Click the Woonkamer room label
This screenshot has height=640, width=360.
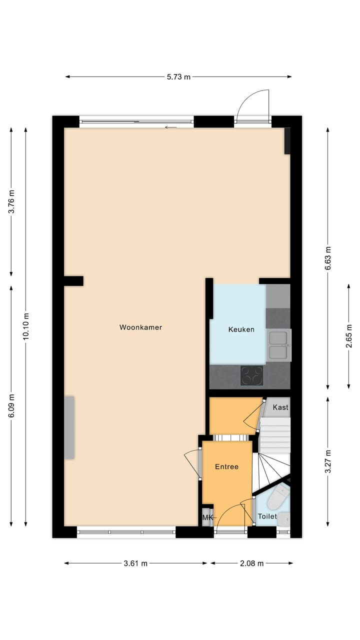(140, 327)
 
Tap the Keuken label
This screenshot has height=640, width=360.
(241, 329)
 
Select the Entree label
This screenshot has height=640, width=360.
(226, 466)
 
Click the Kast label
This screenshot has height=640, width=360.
(280, 407)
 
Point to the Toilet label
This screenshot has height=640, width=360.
(267, 516)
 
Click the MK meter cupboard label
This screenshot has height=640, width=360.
(206, 517)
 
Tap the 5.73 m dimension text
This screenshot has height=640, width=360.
(178, 76)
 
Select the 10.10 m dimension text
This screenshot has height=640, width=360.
(26, 326)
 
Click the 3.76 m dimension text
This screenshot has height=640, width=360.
(11, 201)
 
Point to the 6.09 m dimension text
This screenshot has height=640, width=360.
(11, 406)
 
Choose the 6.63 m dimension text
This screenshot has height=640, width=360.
(327, 258)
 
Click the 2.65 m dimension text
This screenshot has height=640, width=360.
(349, 335)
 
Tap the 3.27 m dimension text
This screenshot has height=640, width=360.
(327, 461)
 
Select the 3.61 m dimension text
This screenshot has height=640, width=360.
(135, 563)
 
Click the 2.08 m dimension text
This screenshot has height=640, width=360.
(251, 563)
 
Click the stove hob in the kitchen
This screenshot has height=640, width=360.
(251, 376)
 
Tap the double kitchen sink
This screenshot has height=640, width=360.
(278, 345)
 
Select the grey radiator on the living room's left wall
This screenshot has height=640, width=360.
(69, 427)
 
